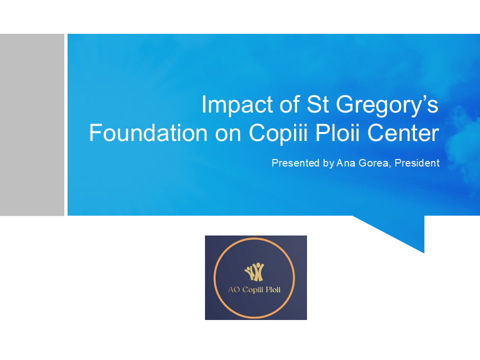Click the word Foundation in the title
[148, 133]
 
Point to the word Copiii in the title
[277, 133]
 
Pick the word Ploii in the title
[337, 133]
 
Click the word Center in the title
[403, 133]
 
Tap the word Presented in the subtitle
[295, 163]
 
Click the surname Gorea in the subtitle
[374, 163]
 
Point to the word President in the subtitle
[417, 163]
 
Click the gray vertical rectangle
[32, 125]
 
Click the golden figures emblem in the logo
[254, 272]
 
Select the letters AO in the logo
[233, 289]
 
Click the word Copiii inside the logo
[253, 290]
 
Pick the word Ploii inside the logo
[273, 289]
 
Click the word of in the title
[289, 104]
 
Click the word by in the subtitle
[328, 163]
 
